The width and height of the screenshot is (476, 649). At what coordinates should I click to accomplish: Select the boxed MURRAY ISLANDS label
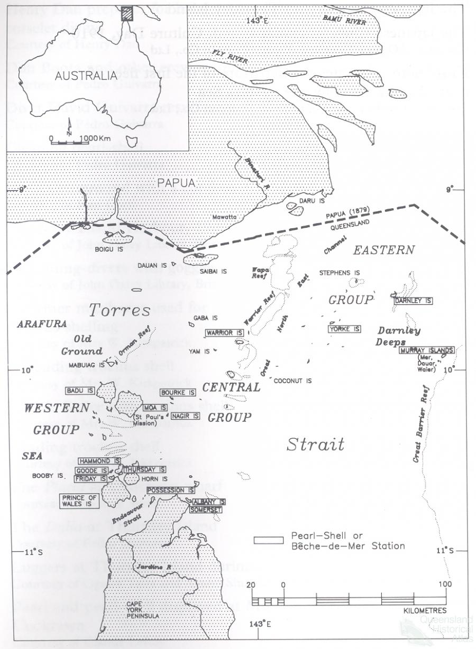[x=427, y=350]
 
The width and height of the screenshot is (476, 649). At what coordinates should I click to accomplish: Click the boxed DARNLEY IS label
[x=413, y=301]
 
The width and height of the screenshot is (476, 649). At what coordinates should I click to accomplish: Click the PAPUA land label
[x=177, y=182]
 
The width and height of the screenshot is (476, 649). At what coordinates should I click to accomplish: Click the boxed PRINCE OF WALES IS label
[x=80, y=501]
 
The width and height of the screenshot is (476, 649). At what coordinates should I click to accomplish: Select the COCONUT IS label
[x=292, y=381]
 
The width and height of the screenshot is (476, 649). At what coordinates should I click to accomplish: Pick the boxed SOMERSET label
[x=206, y=509]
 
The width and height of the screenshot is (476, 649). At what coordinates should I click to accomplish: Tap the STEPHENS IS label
[x=340, y=273]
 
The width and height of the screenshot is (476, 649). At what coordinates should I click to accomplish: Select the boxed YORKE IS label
[x=344, y=329]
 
